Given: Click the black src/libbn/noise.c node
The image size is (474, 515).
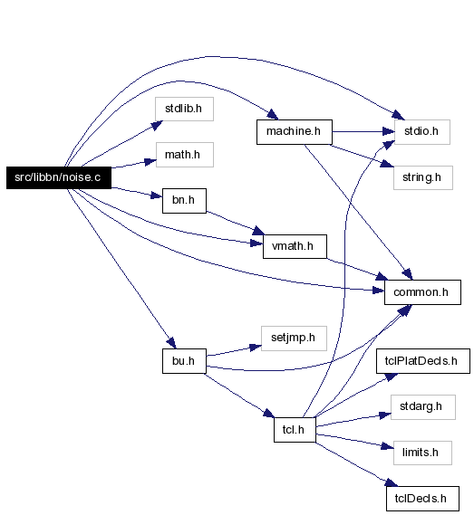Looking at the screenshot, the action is click(59, 177).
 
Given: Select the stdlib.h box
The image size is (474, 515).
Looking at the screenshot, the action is click(184, 109).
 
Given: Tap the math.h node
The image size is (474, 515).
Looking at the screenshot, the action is click(185, 155).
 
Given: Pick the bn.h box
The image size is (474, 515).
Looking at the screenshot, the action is click(184, 201).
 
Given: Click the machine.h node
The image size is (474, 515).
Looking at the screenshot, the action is click(295, 132).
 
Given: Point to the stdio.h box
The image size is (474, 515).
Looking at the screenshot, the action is click(422, 132).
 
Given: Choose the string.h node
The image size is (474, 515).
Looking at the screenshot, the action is click(423, 177).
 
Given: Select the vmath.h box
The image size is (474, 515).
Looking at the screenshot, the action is click(295, 246).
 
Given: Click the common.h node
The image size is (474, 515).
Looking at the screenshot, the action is click(422, 292).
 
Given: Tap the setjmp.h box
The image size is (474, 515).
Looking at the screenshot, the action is click(294, 339).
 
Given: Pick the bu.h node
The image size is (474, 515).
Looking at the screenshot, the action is click(184, 361).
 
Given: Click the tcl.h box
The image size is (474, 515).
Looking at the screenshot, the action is click(295, 430).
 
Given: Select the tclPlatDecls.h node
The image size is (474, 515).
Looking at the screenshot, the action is click(423, 361).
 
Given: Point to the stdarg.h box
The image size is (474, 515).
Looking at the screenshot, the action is click(423, 407).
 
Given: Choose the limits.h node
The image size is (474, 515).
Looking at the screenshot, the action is click(422, 453).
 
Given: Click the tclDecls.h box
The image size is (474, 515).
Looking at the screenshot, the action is click(422, 499).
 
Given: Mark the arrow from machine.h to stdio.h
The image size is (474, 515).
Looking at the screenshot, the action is click(363, 132).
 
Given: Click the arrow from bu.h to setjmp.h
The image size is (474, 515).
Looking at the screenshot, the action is click(234, 351).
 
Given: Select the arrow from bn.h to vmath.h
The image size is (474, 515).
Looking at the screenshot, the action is click(236, 223).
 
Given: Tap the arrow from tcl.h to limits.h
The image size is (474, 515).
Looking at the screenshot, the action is click(354, 441).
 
